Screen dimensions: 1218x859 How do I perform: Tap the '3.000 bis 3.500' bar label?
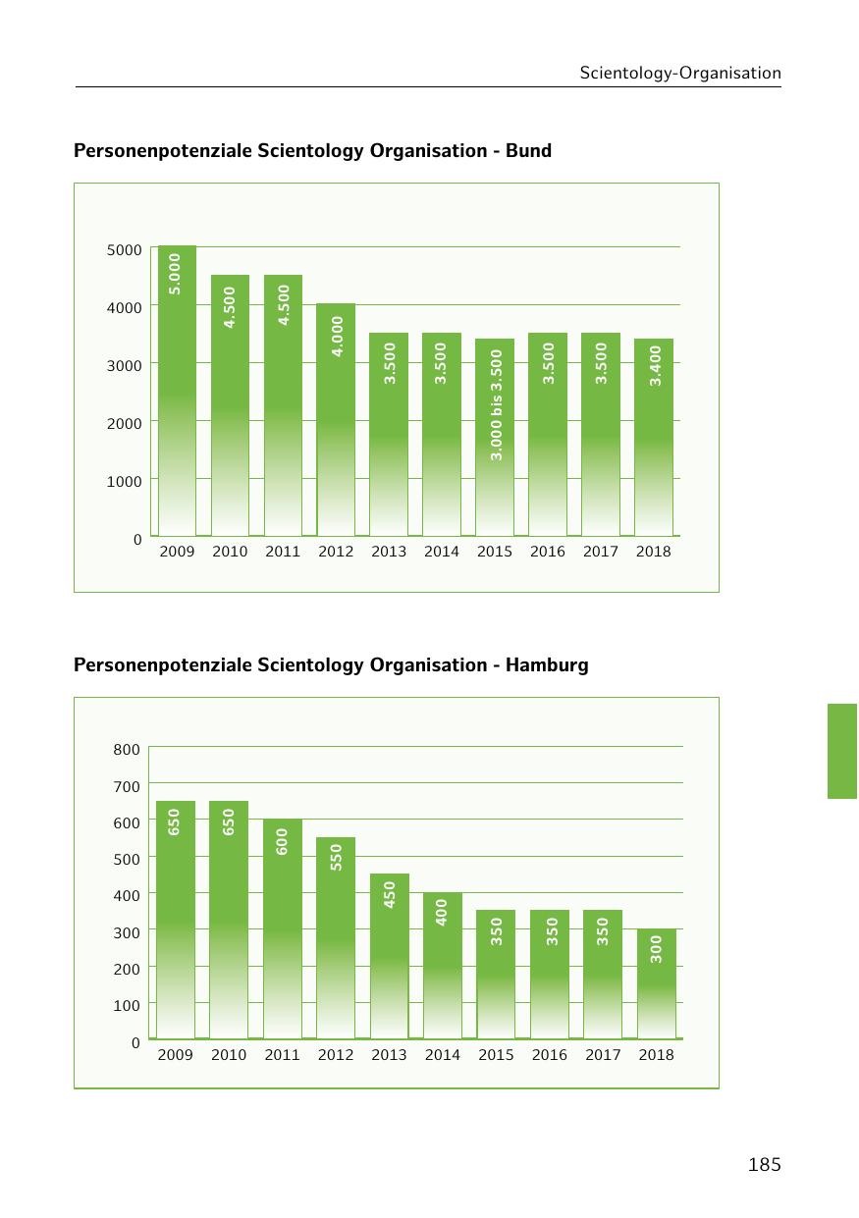pos(496,404)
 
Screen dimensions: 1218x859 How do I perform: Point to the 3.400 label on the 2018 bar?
pos(656,363)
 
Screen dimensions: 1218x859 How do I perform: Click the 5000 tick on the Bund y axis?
pos(125,250)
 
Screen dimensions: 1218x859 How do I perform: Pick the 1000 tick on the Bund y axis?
pos(125,481)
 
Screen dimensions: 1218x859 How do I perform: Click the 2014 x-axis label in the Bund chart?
pos(442,552)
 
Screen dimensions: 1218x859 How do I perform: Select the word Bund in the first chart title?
pos(528,151)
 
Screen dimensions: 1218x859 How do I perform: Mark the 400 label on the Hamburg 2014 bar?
pos(442,912)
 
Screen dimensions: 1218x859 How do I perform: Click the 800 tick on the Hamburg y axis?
pos(127,750)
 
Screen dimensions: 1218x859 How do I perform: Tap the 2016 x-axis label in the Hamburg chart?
pos(550,1055)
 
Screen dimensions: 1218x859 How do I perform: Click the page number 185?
pos(764,1165)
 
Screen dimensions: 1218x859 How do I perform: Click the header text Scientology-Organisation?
pos(680,73)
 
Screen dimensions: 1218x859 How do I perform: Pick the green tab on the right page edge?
pos(842,751)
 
